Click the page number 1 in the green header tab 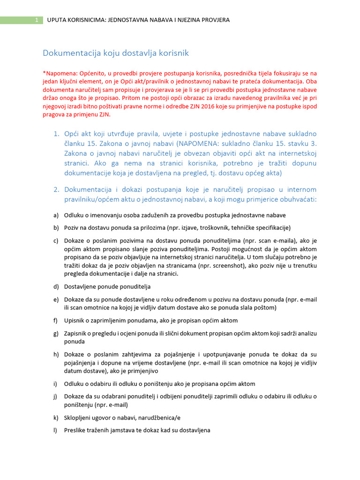(x=36, y=20)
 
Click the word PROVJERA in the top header (x=214, y=20)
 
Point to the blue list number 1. (x=55, y=135)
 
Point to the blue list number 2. (x=55, y=189)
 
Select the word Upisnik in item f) (x=75, y=321)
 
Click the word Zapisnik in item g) (x=76, y=333)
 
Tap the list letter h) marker (x=56, y=354)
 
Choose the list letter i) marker (x=55, y=383)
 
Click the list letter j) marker (x=55, y=396)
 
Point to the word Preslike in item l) (x=75, y=430)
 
